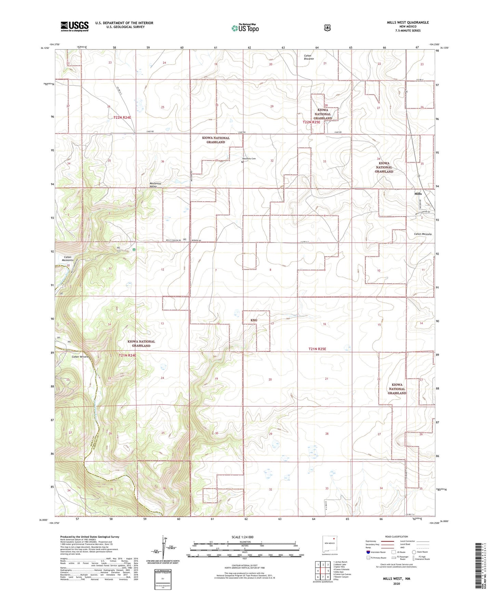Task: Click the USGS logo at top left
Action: pyautogui.click(x=75, y=26)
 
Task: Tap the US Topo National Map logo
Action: pyautogui.click(x=245, y=28)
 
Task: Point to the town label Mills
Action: pyautogui.click(x=418, y=194)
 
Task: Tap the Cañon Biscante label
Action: pyautogui.click(x=309, y=57)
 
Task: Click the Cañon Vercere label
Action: pyautogui.click(x=80, y=357)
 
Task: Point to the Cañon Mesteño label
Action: pyautogui.click(x=423, y=234)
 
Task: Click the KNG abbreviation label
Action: pyautogui.click(x=254, y=320)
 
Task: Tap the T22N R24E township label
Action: pyautogui.click(x=122, y=117)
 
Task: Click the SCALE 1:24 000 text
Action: pyautogui.click(x=242, y=537)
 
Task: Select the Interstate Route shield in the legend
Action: pyautogui.click(x=368, y=552)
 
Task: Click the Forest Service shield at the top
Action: pyautogui.click(x=327, y=28)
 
